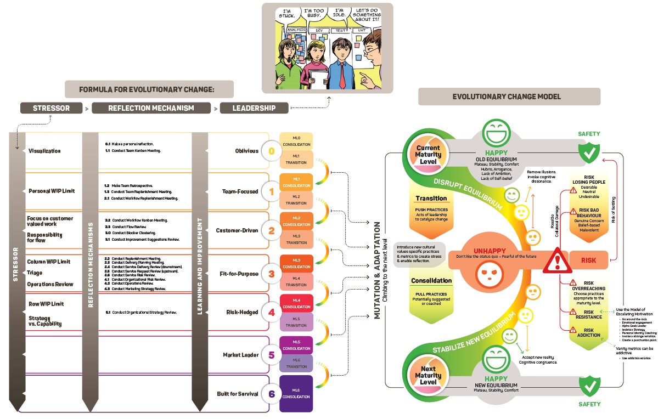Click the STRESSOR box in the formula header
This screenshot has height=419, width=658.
[x=51, y=108]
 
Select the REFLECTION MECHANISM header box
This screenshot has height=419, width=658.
[x=151, y=108]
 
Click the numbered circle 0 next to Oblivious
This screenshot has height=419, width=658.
[x=271, y=151]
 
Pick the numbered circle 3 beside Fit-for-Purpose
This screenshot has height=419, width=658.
[x=271, y=273]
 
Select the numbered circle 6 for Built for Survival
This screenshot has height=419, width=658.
[x=271, y=394]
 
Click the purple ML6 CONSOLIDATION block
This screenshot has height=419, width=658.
[x=296, y=393]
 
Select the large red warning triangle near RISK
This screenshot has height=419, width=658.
[x=557, y=259]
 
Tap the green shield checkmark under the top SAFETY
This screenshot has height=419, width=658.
[x=589, y=154]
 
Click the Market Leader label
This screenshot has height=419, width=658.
[x=240, y=355]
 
